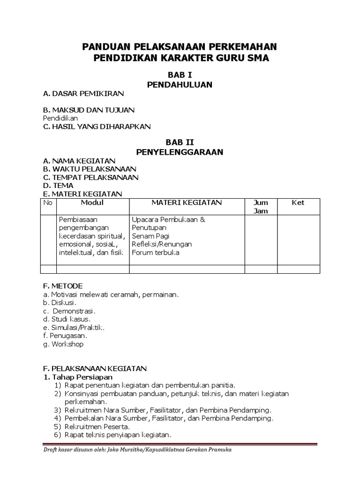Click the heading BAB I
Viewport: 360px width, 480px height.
pyautogui.click(x=180, y=75)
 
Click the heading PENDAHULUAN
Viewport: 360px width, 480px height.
pyautogui.click(x=180, y=85)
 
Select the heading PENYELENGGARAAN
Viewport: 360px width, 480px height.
pyautogui.click(x=180, y=152)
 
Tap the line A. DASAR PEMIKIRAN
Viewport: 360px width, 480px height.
pyautogui.click(x=83, y=93)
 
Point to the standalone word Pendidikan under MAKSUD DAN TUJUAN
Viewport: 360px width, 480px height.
pyautogui.click(x=60, y=118)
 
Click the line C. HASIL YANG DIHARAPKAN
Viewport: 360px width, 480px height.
pyautogui.click(x=97, y=127)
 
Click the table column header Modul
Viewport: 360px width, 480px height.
pyautogui.click(x=92, y=203)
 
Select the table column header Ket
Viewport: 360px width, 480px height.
pyautogui.click(x=298, y=203)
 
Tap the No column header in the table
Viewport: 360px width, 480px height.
pyautogui.click(x=48, y=203)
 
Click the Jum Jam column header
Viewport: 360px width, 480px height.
pyautogui.click(x=261, y=207)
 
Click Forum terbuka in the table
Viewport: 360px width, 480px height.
pyautogui.click(x=156, y=253)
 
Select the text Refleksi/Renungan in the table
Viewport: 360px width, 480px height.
pyautogui.click(x=162, y=244)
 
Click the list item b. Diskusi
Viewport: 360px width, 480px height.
pyautogui.click(x=60, y=302)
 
